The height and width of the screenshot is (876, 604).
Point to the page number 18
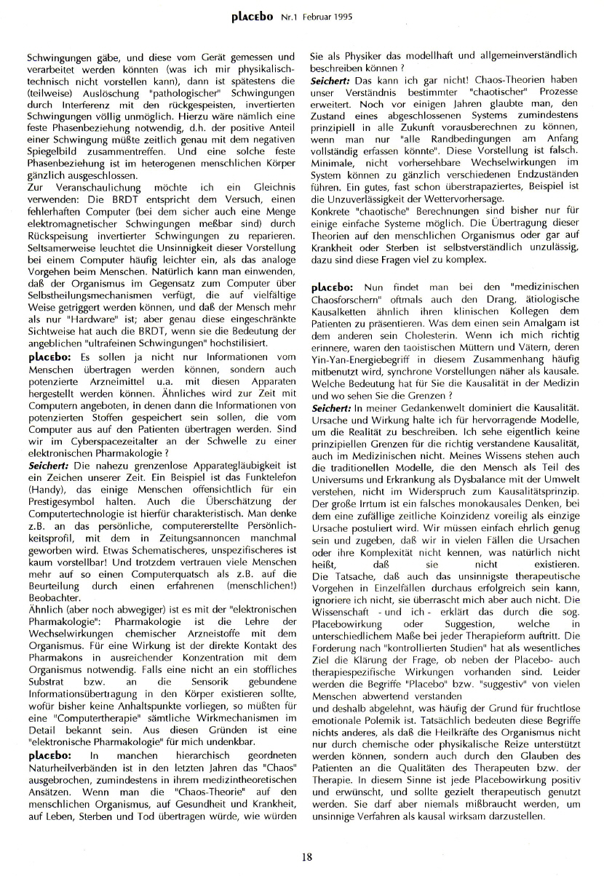(x=307, y=856)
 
